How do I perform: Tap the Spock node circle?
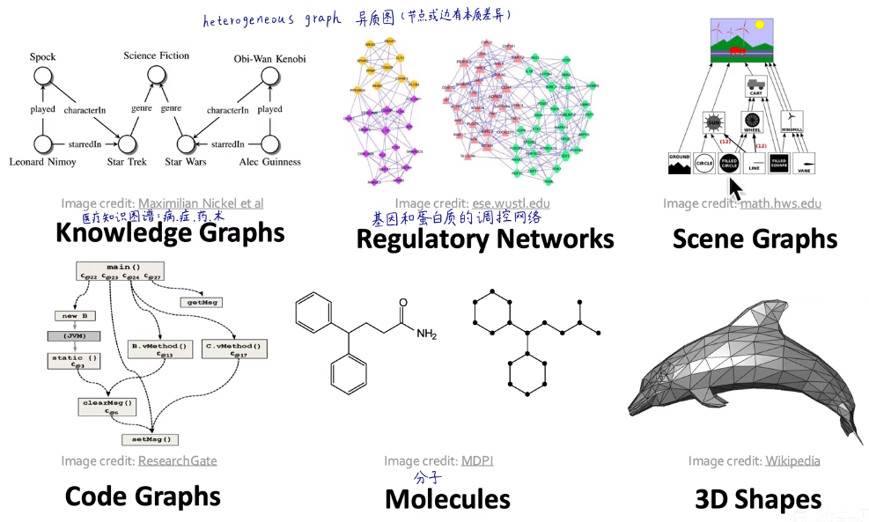point(42,77)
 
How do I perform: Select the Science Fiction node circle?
point(156,77)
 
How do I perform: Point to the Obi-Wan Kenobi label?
point(269,59)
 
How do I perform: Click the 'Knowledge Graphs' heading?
point(169,232)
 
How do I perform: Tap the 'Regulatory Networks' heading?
point(484,239)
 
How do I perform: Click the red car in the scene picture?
point(738,51)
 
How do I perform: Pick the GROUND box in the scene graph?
point(679,163)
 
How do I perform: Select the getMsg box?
point(201,301)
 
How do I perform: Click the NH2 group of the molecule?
point(426,334)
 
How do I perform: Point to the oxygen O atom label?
point(403,301)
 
